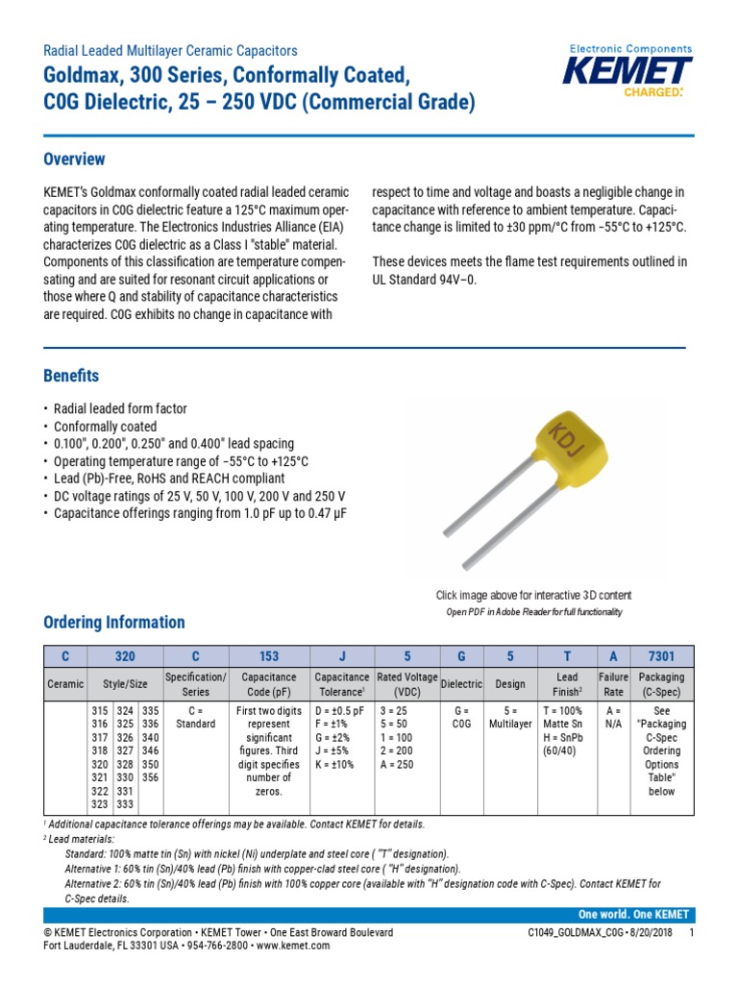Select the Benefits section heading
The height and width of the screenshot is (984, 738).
(71, 376)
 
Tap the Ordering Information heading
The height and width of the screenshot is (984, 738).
(114, 622)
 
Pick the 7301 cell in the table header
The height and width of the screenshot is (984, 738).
(661, 657)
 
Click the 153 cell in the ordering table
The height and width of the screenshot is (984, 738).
(268, 657)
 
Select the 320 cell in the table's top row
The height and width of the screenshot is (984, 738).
(125, 657)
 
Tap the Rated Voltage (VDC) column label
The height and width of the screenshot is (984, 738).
(406, 683)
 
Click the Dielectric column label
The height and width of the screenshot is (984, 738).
(461, 683)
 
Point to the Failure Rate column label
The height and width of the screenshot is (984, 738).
(613, 683)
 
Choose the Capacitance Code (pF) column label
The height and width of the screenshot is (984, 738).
(268, 683)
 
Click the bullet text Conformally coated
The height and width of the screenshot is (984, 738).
(105, 427)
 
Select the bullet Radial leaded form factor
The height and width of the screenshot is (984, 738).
(120, 409)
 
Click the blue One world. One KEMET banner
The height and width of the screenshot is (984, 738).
(632, 915)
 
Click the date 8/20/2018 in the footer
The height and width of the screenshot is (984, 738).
(651, 933)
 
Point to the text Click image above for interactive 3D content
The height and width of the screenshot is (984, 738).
(534, 596)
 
